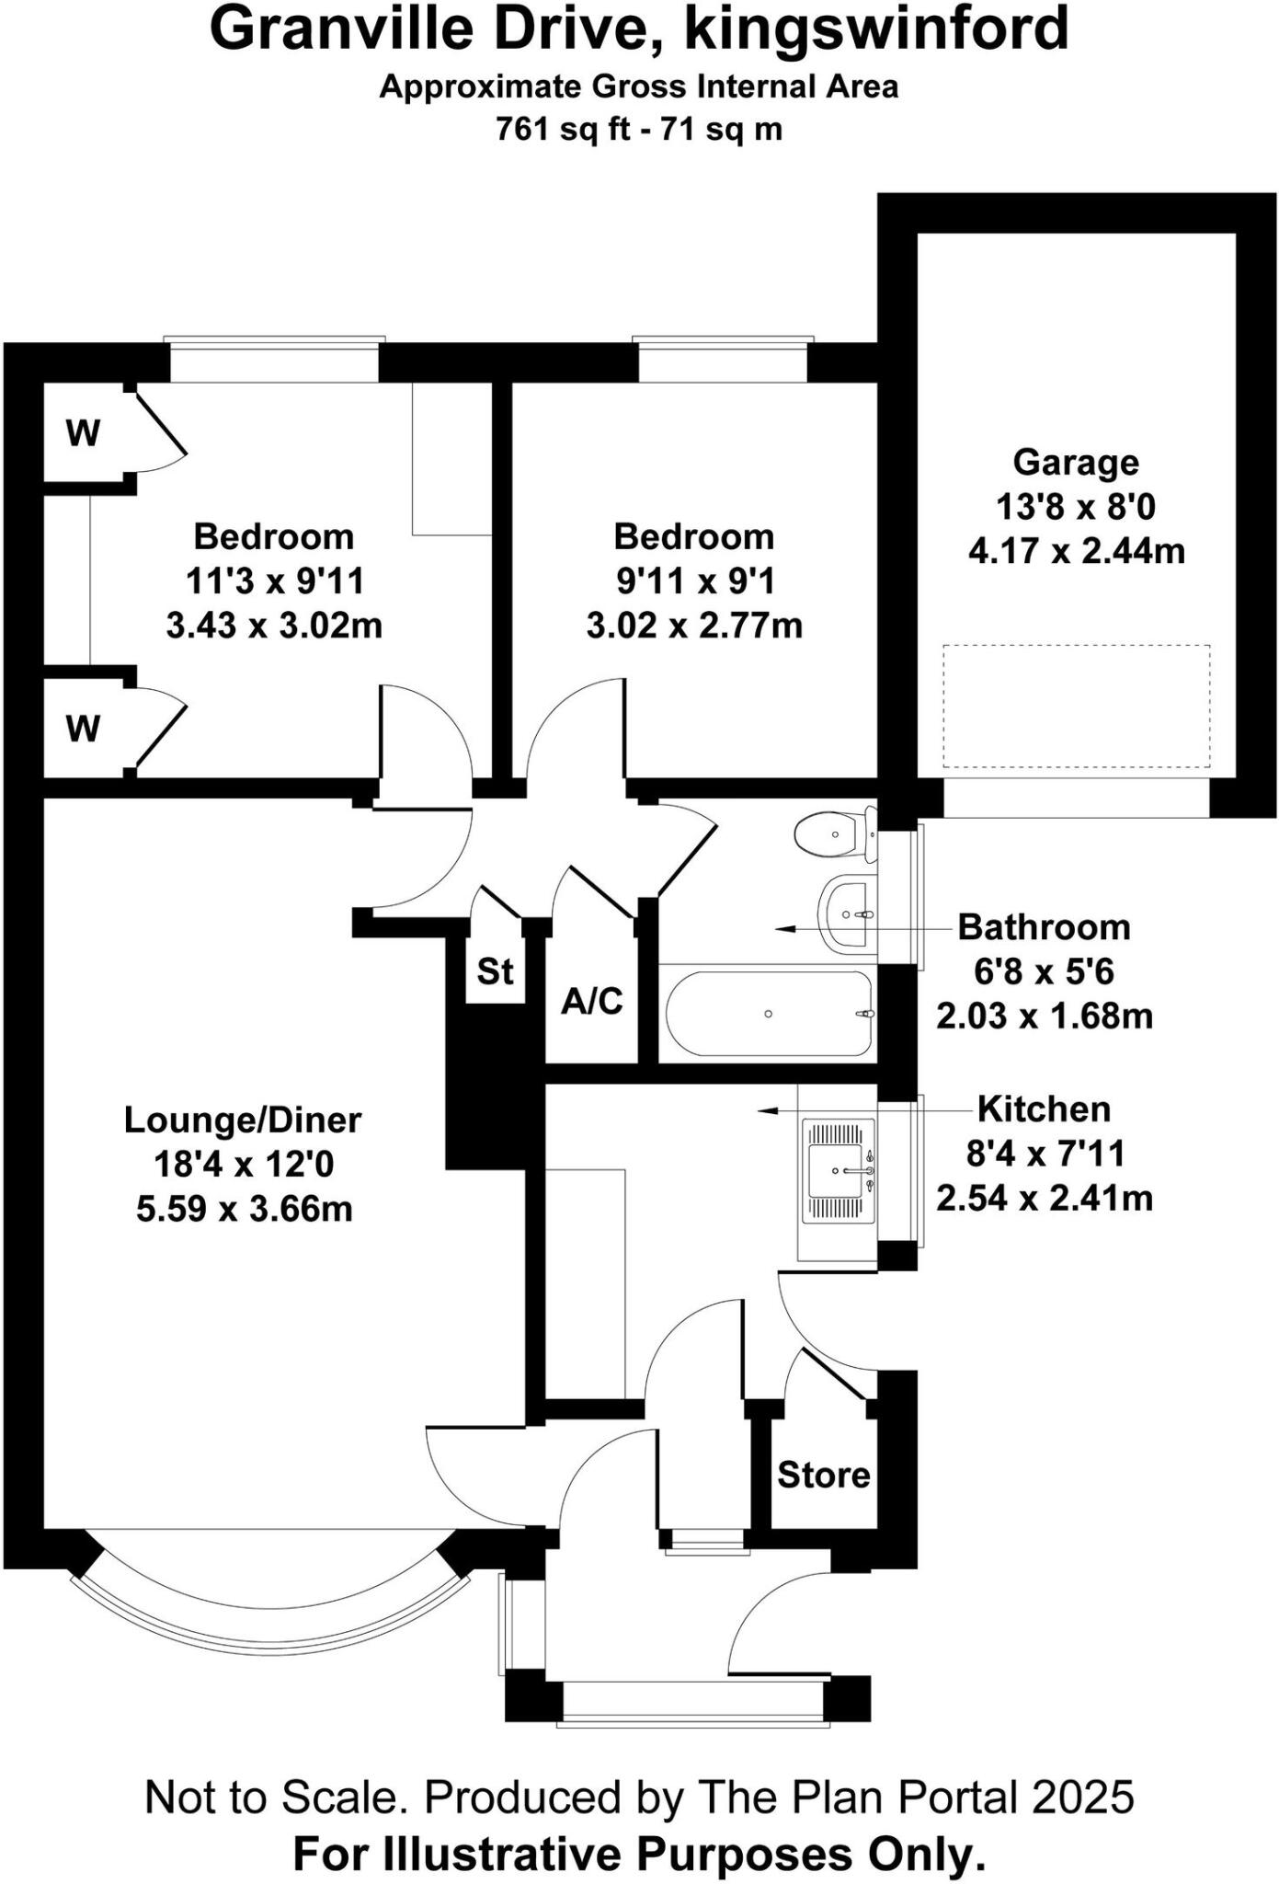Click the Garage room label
point(1075,462)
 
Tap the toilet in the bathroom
point(832,833)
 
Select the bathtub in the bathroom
point(769,1013)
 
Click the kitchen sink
point(837,1170)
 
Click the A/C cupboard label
point(592,1001)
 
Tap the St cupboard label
point(495,971)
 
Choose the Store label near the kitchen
point(823,1475)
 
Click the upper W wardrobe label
point(83,432)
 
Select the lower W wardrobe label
point(83,729)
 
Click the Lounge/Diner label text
point(243,1120)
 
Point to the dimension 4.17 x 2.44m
point(1076,551)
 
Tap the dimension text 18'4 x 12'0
point(244,1165)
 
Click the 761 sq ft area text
point(562,129)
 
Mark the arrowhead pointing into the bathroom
point(783,930)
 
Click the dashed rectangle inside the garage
point(1076,706)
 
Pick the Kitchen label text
point(1044,1109)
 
